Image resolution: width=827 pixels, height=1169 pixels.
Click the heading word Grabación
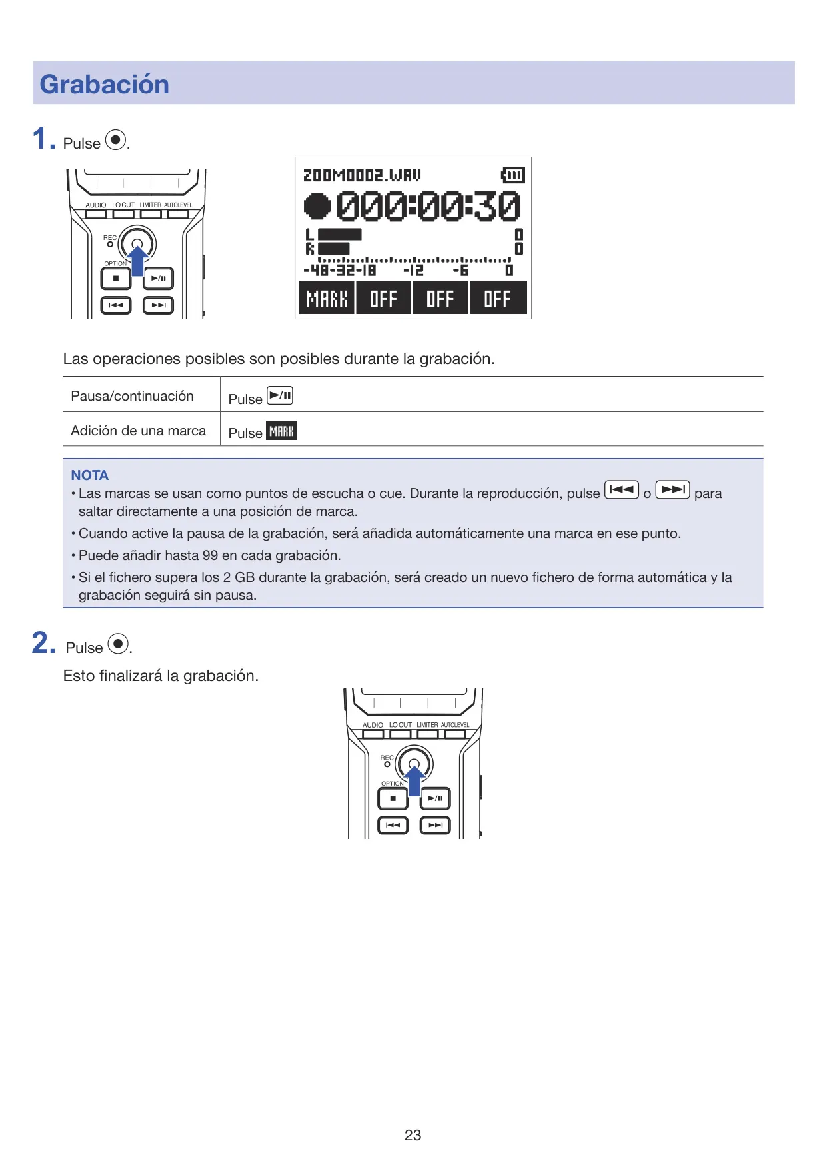104,85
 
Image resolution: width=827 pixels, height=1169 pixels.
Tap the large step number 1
40,139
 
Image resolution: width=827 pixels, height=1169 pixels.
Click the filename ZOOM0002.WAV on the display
362,175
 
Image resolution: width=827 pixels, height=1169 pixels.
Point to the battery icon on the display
513,175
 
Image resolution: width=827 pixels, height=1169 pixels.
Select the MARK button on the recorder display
327,298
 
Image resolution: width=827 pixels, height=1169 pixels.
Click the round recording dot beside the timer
317,205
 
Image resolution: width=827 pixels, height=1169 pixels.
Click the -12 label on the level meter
413,270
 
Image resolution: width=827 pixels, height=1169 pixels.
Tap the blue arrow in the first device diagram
137,261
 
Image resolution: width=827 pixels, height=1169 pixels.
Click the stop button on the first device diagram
116,279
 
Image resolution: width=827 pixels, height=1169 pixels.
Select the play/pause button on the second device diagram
435,798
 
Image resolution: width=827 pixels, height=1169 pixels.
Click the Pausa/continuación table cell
132,396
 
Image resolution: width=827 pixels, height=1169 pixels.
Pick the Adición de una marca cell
138,431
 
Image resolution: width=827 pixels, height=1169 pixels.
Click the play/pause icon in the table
280,395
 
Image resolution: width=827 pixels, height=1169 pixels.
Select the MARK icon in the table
282,431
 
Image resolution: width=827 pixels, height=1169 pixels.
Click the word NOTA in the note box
89,475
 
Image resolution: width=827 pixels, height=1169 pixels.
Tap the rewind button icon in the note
622,490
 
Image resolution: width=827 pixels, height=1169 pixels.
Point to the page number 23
413,1135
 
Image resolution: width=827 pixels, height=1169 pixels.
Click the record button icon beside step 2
118,644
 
